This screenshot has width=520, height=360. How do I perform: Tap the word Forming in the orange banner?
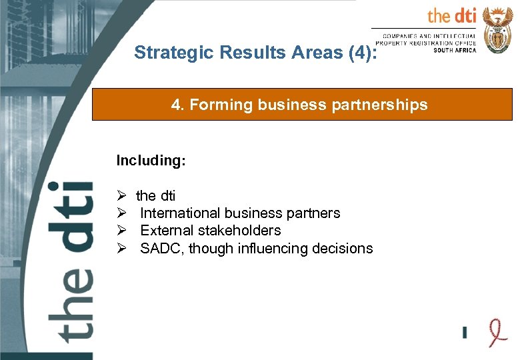tap(215, 105)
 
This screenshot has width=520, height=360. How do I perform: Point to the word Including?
tap(151, 161)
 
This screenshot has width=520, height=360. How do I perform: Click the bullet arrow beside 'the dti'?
tap(121, 196)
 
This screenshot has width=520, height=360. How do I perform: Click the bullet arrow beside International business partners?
tap(121, 213)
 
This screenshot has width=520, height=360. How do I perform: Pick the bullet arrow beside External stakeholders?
tap(121, 231)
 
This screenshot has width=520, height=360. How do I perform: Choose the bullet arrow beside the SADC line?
tap(121, 249)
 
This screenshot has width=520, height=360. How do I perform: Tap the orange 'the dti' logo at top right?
tap(451, 16)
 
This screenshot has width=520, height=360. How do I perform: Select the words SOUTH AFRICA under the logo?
tap(455, 51)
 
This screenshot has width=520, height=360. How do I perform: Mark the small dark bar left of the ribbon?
tap(465, 331)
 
